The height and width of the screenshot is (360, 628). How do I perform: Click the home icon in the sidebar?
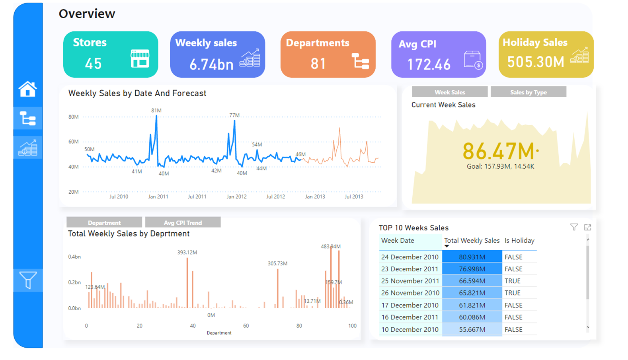(x=27, y=89)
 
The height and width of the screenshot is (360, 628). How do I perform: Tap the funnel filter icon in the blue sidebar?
(x=28, y=280)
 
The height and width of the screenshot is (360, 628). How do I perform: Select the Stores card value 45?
(x=94, y=64)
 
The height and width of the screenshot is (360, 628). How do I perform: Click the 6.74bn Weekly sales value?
(x=211, y=64)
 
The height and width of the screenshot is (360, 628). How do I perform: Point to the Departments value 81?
(x=318, y=64)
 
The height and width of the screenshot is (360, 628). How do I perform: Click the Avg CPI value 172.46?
(x=429, y=64)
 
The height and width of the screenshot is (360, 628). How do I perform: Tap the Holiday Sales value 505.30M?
(x=535, y=62)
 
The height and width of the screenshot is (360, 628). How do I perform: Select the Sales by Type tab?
(x=528, y=92)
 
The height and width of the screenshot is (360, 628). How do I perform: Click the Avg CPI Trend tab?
(x=183, y=223)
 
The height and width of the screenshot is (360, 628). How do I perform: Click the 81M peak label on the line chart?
(x=156, y=111)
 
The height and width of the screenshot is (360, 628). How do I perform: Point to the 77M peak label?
(x=234, y=115)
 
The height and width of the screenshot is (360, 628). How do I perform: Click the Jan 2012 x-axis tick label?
(x=236, y=197)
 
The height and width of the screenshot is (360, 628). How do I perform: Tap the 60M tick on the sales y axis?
(x=74, y=142)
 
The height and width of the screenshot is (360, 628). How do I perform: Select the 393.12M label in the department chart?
(x=187, y=253)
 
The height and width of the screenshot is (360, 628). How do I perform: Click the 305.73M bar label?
(x=277, y=264)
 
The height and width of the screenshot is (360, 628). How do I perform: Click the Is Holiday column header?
(x=519, y=241)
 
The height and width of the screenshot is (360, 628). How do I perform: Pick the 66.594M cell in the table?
(x=472, y=281)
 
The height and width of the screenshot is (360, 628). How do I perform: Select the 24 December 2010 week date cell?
(x=410, y=257)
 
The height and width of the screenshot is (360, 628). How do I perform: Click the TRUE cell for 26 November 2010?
(x=512, y=293)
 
